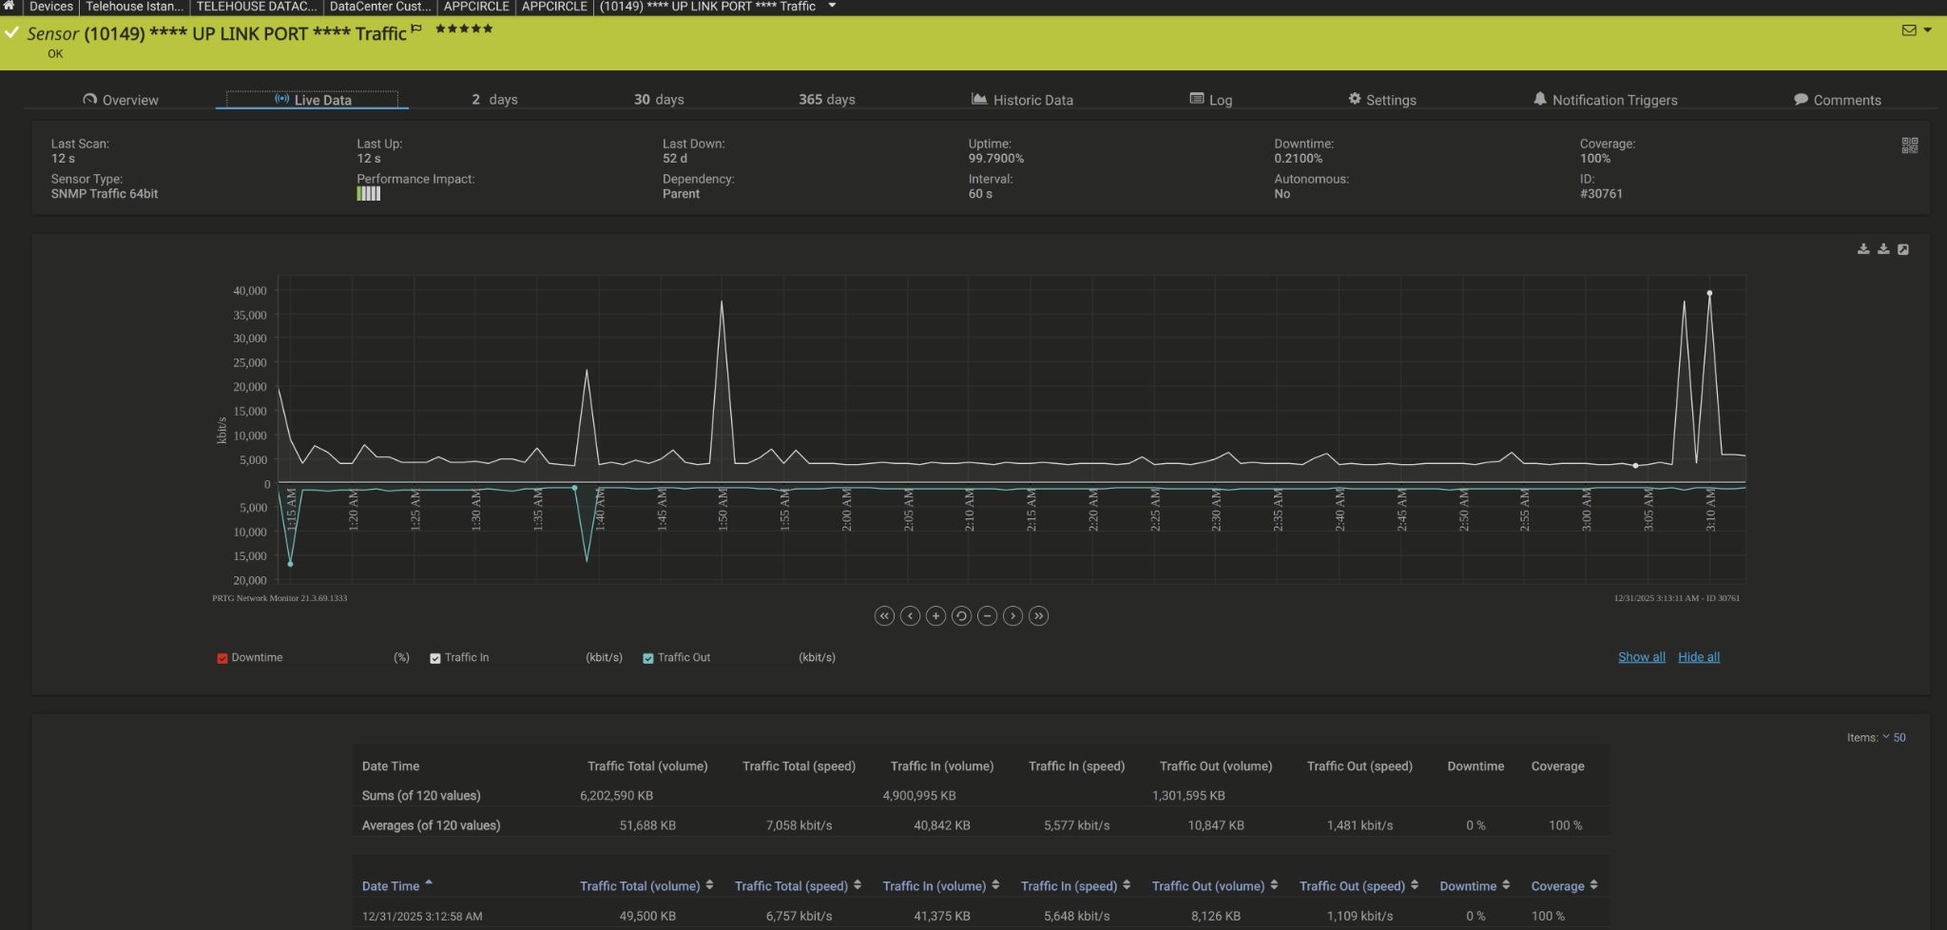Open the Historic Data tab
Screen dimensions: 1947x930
(x=1022, y=100)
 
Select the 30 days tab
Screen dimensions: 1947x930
(x=659, y=100)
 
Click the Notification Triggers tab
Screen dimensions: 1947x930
(x=1605, y=100)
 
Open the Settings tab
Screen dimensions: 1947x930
(x=1382, y=100)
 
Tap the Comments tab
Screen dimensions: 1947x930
(x=1837, y=100)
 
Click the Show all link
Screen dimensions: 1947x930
(x=1642, y=657)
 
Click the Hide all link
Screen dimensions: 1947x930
(x=1699, y=657)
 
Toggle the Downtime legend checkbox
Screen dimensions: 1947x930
(x=222, y=658)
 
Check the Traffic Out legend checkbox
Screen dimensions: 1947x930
(x=648, y=658)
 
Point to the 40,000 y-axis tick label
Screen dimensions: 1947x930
(x=250, y=291)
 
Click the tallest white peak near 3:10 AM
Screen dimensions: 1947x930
(x=1709, y=294)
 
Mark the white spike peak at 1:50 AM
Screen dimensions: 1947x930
(x=722, y=302)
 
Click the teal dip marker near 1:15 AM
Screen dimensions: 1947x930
(x=290, y=564)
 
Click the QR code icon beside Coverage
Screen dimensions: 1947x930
(x=1910, y=145)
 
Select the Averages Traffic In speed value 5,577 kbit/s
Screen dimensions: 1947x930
(x=1077, y=825)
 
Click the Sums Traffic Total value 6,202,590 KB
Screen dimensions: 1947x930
(x=617, y=796)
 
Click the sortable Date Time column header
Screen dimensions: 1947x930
(x=391, y=886)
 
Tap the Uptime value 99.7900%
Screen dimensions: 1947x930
(x=996, y=159)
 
